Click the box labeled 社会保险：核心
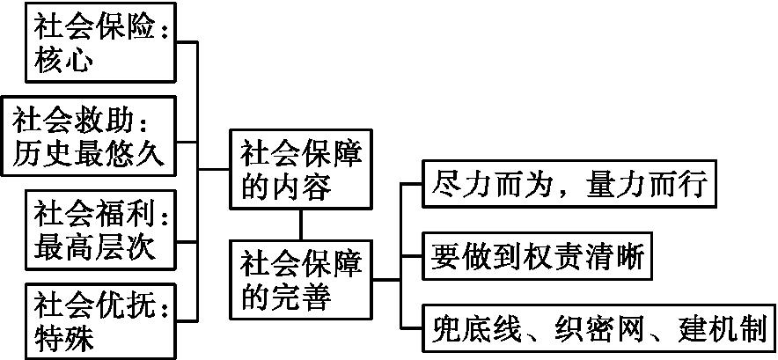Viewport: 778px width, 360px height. (99, 44)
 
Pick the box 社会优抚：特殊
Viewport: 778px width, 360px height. (99, 320)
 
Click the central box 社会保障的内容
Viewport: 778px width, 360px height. (301, 170)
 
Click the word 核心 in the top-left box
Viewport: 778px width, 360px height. (63, 61)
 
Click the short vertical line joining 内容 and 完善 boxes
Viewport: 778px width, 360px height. (301, 225)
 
